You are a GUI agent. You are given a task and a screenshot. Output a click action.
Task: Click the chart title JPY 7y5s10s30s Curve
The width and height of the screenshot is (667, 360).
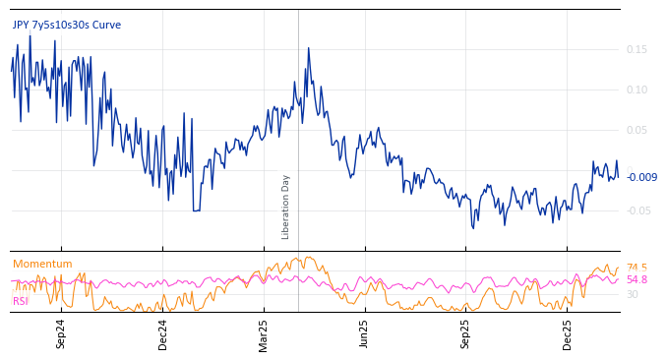click(67, 25)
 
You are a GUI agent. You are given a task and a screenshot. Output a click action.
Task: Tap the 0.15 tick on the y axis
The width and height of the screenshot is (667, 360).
click(637, 50)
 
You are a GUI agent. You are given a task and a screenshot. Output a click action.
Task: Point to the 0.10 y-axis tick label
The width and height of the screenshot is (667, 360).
click(637, 90)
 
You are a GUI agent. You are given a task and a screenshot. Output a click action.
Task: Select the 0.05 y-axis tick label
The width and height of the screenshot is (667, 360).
click(637, 131)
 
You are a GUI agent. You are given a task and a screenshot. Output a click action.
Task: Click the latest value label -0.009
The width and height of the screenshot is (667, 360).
click(641, 177)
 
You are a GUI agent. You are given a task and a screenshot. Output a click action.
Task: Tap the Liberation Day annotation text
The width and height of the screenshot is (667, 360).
click(286, 208)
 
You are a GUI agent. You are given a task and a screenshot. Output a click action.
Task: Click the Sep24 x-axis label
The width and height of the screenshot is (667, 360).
click(61, 334)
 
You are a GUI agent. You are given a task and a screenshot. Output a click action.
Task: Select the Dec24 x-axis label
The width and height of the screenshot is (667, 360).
click(162, 334)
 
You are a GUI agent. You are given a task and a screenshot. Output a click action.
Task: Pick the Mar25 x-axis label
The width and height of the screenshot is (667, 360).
click(264, 334)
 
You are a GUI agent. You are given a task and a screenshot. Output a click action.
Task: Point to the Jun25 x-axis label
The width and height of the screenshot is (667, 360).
click(364, 334)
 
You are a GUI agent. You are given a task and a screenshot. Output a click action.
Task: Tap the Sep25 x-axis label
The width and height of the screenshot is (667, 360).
click(465, 334)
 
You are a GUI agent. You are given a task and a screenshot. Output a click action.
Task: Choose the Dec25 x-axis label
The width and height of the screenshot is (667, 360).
click(568, 334)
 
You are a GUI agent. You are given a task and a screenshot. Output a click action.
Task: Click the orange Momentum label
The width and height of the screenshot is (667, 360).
click(42, 264)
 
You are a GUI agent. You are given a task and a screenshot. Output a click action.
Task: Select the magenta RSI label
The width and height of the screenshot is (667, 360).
click(21, 301)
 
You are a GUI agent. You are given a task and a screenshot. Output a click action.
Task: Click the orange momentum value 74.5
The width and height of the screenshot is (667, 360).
click(637, 268)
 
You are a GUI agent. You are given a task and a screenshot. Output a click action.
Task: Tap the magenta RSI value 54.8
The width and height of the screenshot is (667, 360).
click(637, 280)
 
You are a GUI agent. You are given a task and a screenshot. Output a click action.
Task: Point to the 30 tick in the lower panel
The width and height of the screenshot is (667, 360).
click(632, 294)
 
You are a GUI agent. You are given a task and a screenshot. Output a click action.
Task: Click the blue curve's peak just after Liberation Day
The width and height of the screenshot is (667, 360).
click(308, 48)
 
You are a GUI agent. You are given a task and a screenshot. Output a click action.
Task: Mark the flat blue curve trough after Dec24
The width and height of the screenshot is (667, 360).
click(197, 210)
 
